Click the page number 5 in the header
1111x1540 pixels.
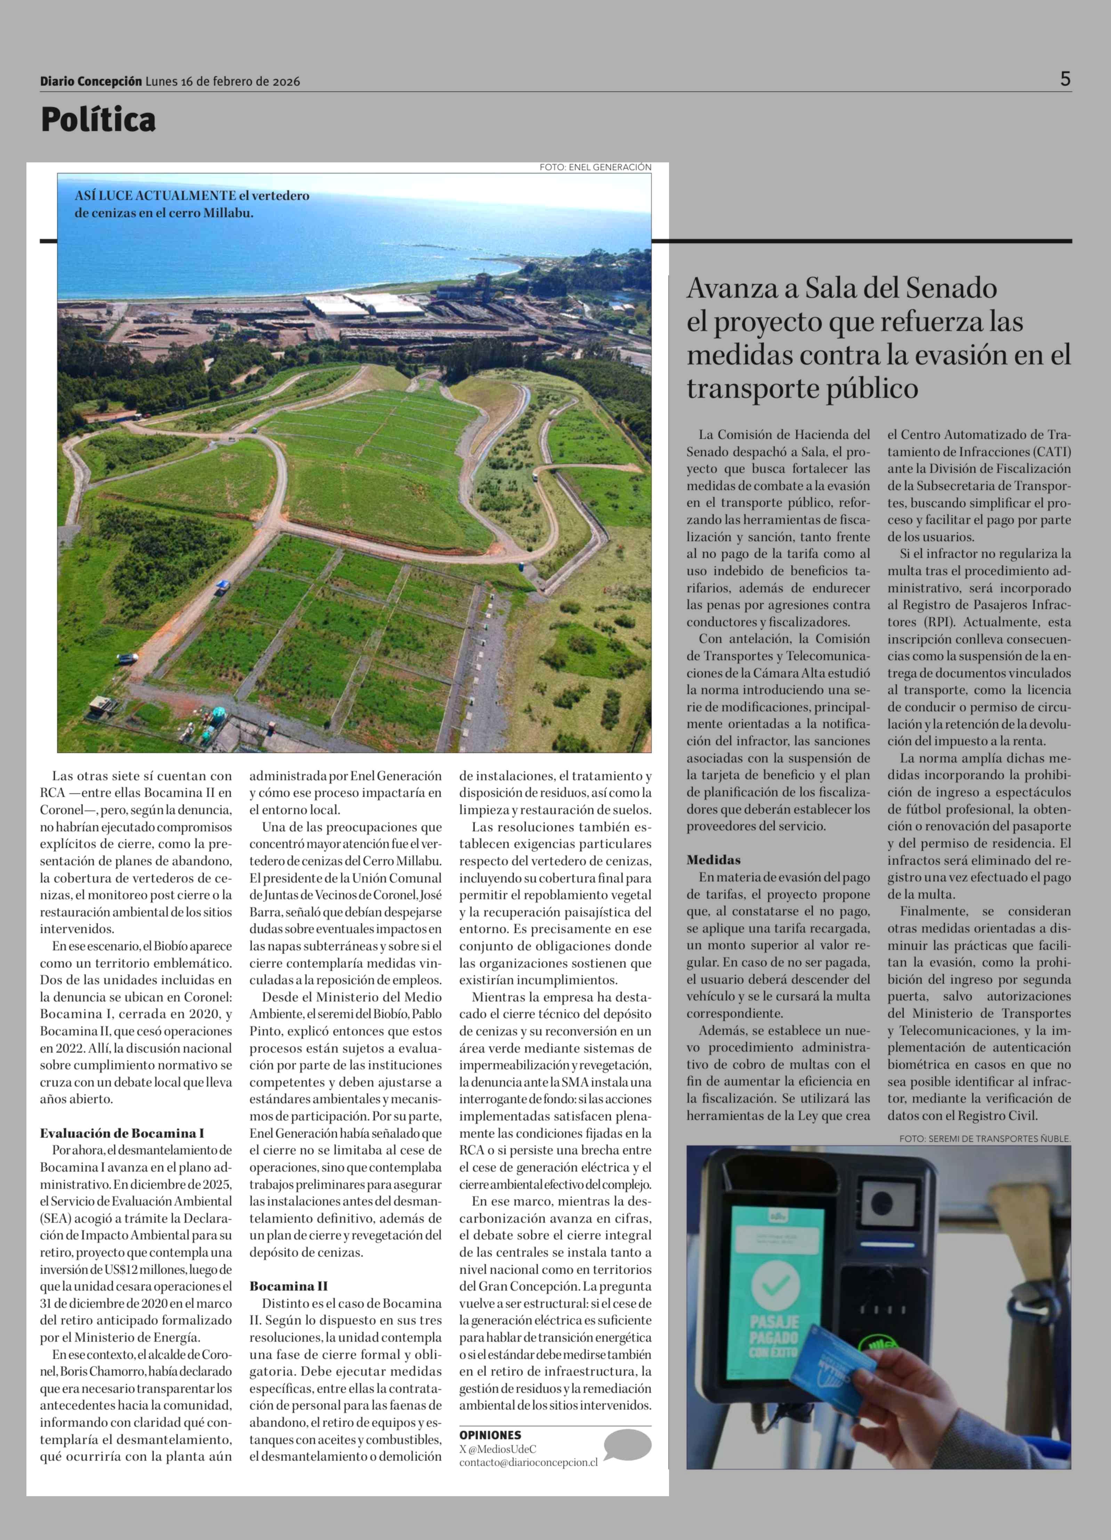(x=1065, y=79)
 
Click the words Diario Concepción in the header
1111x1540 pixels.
(x=91, y=81)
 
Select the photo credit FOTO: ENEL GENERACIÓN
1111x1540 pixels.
(x=595, y=167)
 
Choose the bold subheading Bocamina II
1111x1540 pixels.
(x=288, y=1286)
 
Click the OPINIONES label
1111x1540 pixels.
(x=490, y=1435)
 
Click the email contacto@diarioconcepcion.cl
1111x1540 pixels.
(x=528, y=1462)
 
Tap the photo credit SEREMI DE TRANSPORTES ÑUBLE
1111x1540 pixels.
(x=985, y=1139)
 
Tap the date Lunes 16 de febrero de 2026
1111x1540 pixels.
(x=223, y=81)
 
